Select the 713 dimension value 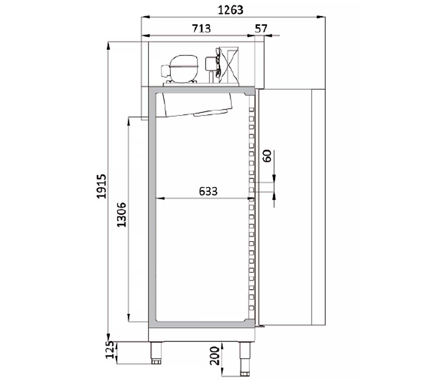[x=201, y=28]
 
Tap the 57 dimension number [x=261, y=28]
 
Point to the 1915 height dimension [x=102, y=186]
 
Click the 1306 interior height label [x=122, y=214]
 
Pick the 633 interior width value [x=208, y=191]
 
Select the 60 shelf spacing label [x=268, y=156]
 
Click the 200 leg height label [x=215, y=355]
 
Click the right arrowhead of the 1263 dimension [x=321, y=17]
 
